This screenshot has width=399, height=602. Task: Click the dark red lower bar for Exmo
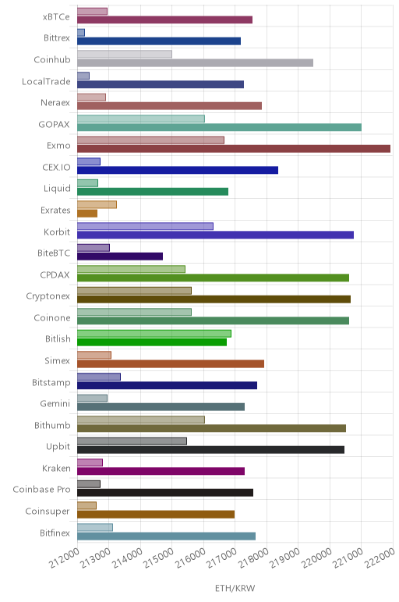point(234,149)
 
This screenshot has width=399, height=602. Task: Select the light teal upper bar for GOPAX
point(141,119)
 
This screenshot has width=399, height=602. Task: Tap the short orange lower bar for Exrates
point(87,213)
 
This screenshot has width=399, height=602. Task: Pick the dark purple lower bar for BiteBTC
point(120,256)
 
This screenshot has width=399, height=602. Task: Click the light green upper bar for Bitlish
point(154,334)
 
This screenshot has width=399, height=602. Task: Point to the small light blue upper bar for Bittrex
point(81,33)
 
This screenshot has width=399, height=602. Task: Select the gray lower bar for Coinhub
point(196,62)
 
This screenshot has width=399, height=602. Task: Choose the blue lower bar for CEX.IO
point(178,170)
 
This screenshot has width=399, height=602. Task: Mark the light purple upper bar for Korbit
point(145,226)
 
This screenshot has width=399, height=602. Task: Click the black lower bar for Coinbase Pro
point(165,493)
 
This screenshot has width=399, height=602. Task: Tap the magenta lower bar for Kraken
point(161,471)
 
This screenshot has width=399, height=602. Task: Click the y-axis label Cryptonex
point(48,296)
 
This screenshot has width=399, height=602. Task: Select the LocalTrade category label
point(46,81)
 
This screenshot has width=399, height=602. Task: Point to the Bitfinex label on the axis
point(55,533)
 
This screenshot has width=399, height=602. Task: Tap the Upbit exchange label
point(58,447)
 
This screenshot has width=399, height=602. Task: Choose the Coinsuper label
point(48,512)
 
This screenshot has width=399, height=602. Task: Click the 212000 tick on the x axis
point(65,558)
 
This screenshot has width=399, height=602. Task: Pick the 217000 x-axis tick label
point(223,558)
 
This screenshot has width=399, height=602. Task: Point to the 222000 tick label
point(380,558)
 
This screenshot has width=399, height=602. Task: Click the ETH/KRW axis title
point(235,588)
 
